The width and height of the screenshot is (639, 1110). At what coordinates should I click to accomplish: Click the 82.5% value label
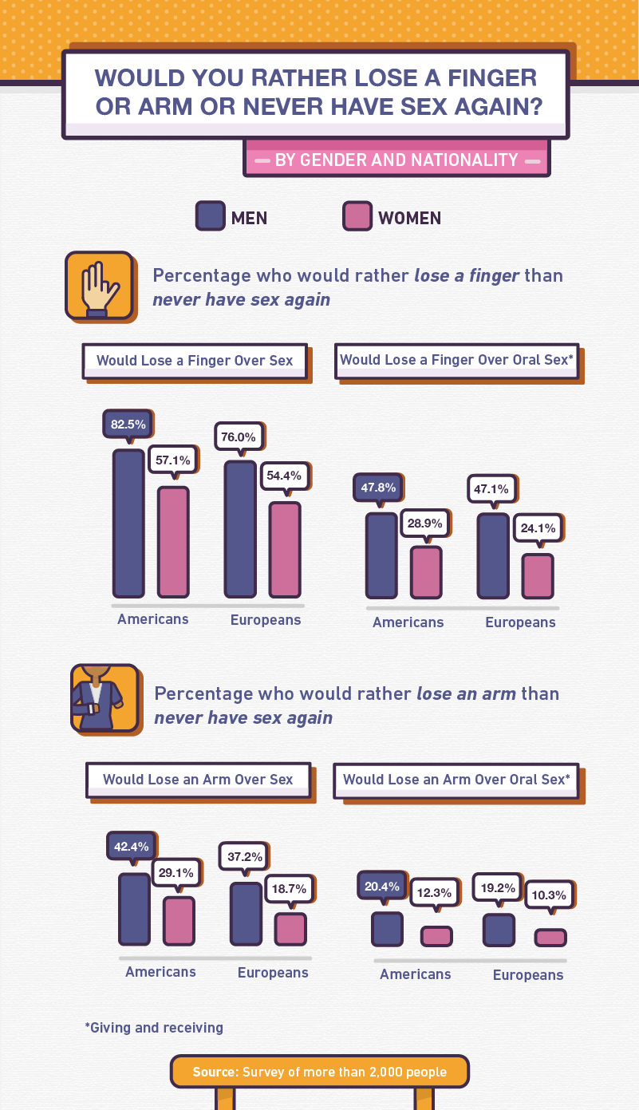point(128,425)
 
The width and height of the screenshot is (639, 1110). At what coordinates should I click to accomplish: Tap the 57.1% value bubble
point(173,460)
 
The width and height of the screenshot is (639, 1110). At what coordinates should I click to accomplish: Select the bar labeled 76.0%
point(240,528)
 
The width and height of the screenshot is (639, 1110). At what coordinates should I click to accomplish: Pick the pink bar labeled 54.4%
point(285,549)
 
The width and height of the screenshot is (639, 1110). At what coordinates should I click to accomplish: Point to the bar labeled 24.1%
point(538,575)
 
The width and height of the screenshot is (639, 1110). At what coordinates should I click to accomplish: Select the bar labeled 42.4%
point(134,909)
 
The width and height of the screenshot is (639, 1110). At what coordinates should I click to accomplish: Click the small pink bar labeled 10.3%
point(550,937)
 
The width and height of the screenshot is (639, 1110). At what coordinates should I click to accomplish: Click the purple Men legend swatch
point(211,216)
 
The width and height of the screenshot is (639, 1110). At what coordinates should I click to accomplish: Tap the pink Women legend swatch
point(357,216)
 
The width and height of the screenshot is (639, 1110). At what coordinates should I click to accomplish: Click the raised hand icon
point(98,286)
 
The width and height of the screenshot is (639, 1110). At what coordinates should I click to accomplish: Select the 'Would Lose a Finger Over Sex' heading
point(195,361)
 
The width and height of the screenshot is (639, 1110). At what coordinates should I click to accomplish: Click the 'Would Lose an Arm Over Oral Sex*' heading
point(456,780)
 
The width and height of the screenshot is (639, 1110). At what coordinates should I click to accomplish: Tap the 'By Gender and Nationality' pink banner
point(396,160)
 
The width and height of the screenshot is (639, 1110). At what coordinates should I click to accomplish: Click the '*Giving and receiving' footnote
point(154,1028)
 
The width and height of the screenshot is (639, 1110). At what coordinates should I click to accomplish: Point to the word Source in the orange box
point(214,1072)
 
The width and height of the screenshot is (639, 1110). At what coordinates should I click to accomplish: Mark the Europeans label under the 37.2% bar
point(273,973)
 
